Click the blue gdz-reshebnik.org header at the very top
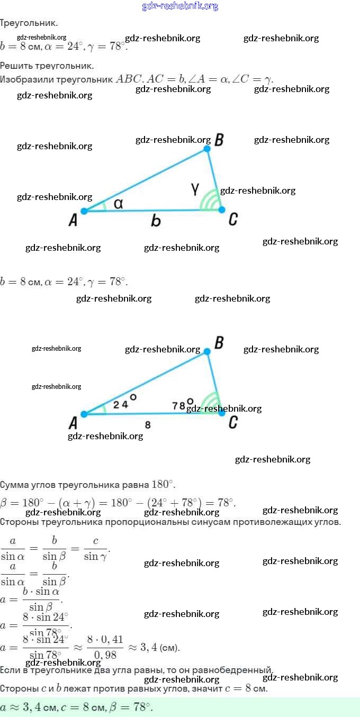[x=180, y=6]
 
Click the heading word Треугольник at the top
[x=29, y=23]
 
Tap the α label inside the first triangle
[x=119, y=203]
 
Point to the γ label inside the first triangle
[x=195, y=188]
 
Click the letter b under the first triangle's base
[x=156, y=221]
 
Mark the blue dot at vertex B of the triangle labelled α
[x=207, y=149]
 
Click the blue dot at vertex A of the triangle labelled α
[x=84, y=211]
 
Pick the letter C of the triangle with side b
[x=233, y=219]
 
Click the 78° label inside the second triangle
[x=182, y=405]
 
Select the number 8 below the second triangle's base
[x=148, y=424]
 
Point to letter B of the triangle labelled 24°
[x=219, y=343]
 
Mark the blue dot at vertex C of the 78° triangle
[x=222, y=413]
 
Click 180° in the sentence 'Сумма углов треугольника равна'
[x=163, y=485]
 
